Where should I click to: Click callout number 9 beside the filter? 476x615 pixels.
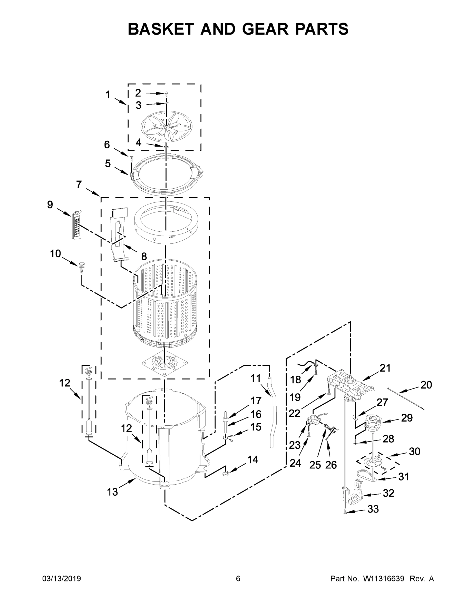(x=50, y=204)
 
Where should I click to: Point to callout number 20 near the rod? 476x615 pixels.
(x=426, y=385)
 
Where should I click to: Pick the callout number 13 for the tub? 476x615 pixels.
(x=112, y=492)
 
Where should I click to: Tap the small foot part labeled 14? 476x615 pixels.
(x=226, y=474)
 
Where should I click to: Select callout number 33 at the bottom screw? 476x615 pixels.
(x=373, y=509)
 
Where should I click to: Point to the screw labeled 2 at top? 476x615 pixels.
(x=166, y=94)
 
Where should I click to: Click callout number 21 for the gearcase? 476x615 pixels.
(x=385, y=368)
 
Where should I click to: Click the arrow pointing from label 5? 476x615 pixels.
(x=121, y=170)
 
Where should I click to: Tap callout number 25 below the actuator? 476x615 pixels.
(x=315, y=465)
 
